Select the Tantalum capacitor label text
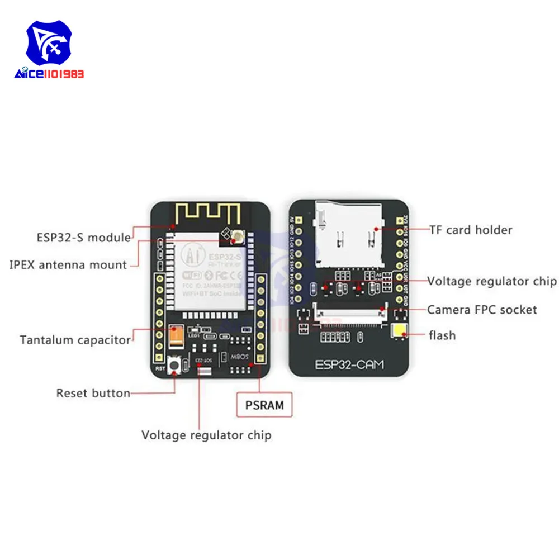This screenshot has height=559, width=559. pos(75,339)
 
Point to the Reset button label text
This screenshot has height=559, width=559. pos(93,393)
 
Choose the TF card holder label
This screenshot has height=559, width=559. pos(471,229)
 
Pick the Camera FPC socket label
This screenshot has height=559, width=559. pos(482,309)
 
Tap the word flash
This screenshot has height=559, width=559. pos(442,335)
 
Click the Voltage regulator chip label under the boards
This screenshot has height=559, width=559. pos(206,435)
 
